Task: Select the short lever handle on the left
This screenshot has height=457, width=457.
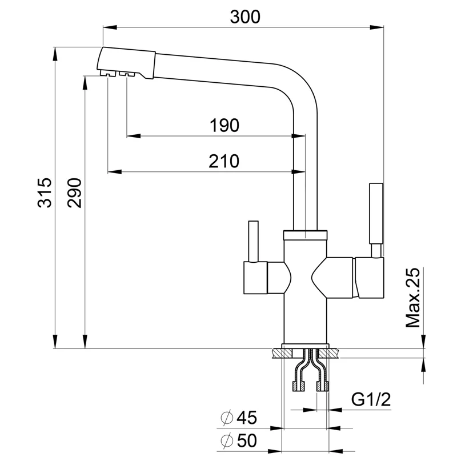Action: coord(251,240)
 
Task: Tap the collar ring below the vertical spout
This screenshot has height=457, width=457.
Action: coord(305,234)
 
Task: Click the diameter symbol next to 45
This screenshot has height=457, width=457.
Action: coord(226,419)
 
